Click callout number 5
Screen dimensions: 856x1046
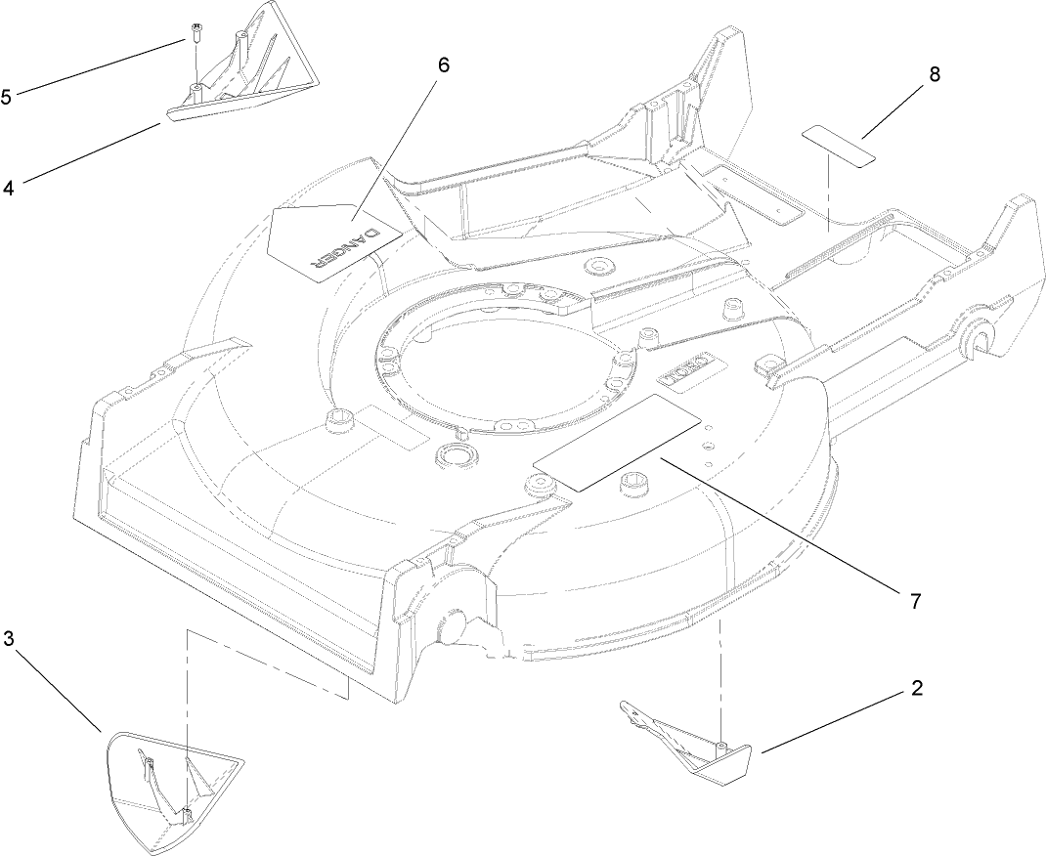coord(7,98)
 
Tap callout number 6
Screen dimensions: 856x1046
coord(443,65)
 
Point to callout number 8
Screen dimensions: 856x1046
coord(935,75)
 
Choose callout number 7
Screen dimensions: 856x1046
coord(914,601)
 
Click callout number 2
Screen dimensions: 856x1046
coord(916,687)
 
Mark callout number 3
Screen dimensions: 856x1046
coord(8,639)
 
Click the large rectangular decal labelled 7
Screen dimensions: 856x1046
coord(617,442)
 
